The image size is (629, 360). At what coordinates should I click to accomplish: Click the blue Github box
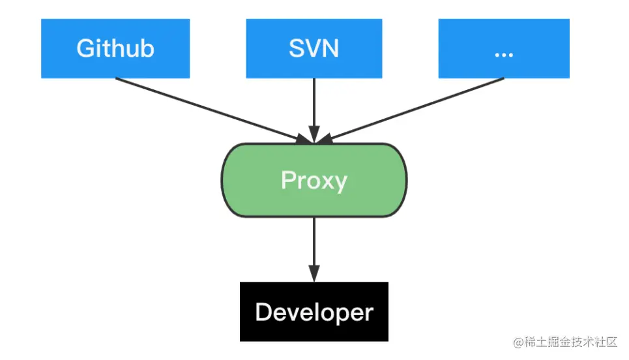pyautogui.click(x=115, y=48)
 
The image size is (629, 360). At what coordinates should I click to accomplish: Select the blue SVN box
pyautogui.click(x=314, y=48)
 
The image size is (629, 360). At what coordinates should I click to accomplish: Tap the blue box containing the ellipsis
pyautogui.click(x=503, y=48)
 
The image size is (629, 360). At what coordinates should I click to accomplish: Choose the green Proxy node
pyautogui.click(x=314, y=180)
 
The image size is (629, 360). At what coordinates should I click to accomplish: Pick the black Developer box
pyautogui.click(x=314, y=312)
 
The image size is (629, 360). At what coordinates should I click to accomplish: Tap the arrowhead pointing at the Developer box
pyautogui.click(x=314, y=274)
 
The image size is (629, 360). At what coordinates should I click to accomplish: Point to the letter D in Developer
pyautogui.click(x=263, y=312)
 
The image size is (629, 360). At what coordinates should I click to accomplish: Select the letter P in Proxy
pyautogui.click(x=287, y=180)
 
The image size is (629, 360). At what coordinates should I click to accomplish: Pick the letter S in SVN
pyautogui.click(x=297, y=49)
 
